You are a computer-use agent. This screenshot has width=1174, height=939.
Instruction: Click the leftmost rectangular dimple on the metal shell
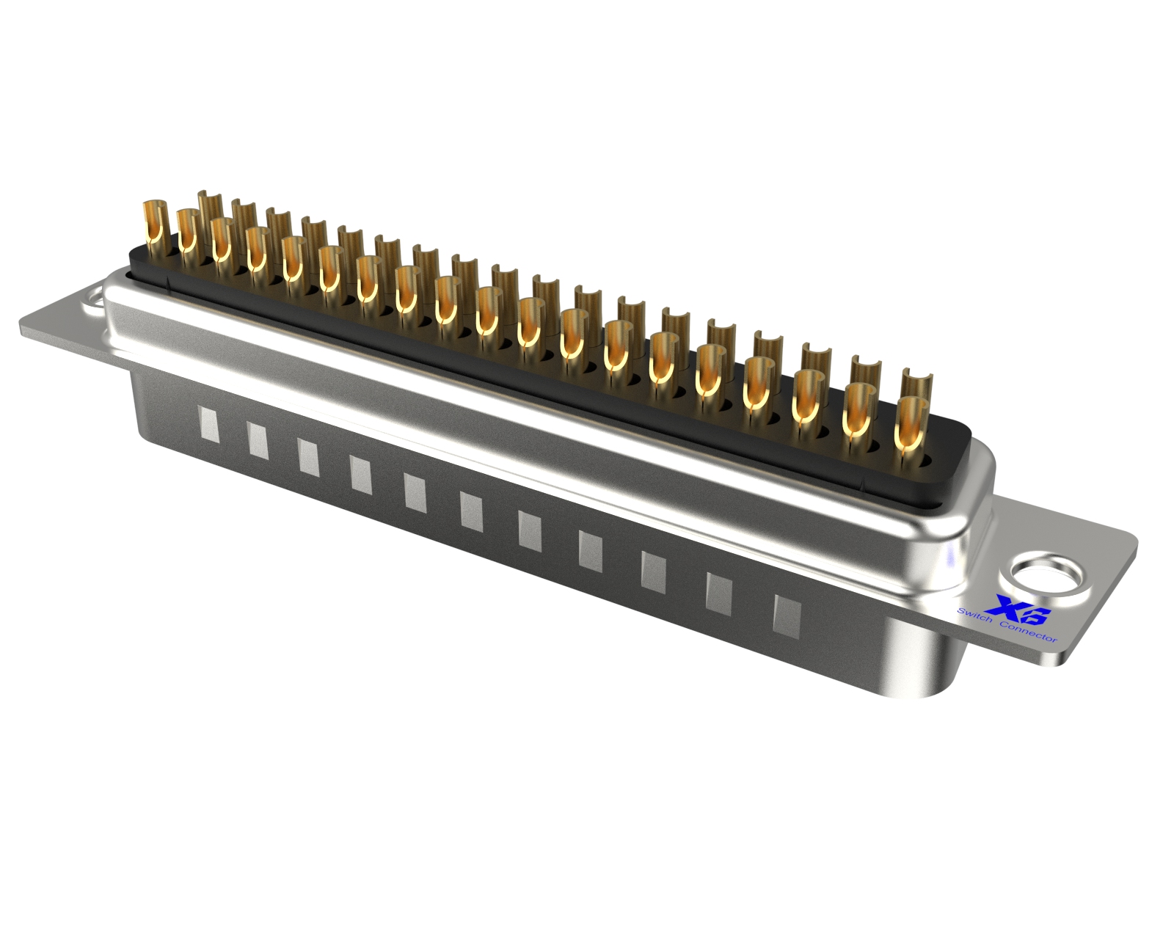210,423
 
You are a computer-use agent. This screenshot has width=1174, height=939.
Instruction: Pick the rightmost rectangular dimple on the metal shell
787,615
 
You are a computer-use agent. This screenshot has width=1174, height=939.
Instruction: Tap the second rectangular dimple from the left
258,439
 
